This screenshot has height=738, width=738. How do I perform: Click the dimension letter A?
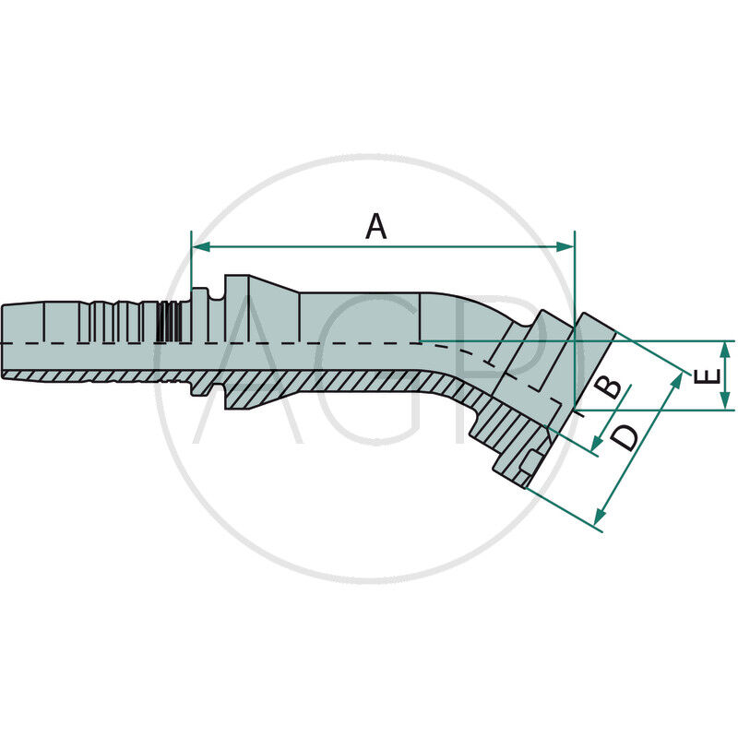point(375,226)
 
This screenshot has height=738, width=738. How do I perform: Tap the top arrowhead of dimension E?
point(727,347)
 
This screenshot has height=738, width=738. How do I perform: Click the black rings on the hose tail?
point(166,322)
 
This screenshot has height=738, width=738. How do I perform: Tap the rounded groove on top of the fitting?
point(216,295)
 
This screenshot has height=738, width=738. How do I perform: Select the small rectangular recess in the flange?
point(533,462)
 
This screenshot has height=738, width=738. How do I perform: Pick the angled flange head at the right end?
point(590,351)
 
